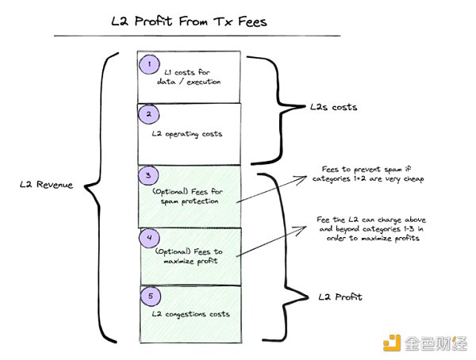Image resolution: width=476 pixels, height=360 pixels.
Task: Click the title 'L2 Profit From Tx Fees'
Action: tap(189, 21)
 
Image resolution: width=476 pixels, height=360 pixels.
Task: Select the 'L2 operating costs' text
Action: tap(187, 133)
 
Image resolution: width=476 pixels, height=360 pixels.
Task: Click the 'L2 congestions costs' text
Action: tap(190, 314)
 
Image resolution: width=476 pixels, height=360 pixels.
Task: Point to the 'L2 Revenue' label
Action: tap(47, 185)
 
